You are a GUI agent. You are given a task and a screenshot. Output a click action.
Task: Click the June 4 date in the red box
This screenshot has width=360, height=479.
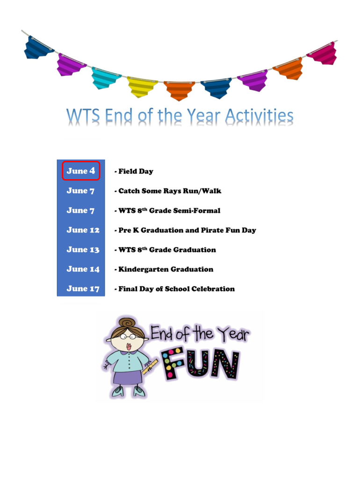(x=80, y=171)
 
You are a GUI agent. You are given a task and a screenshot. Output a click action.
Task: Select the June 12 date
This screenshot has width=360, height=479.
(x=83, y=230)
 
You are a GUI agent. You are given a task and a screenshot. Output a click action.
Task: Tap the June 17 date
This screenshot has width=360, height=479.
(x=83, y=289)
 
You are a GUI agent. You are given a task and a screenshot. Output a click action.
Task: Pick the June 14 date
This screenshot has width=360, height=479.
(x=83, y=269)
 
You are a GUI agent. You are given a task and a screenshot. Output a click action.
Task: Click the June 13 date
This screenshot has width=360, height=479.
(x=83, y=250)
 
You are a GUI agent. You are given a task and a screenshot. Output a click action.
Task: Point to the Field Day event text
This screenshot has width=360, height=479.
(x=136, y=171)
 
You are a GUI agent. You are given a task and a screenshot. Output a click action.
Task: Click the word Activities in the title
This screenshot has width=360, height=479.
(x=259, y=116)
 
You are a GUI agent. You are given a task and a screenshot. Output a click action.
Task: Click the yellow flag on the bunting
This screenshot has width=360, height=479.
(x=142, y=87)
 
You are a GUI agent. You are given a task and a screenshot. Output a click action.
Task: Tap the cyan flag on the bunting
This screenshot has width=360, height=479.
(x=106, y=78)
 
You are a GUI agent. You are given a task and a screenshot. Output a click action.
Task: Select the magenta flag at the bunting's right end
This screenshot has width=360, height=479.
(x=322, y=53)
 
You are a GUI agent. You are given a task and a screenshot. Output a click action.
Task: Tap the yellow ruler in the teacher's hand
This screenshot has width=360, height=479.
(x=150, y=367)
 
